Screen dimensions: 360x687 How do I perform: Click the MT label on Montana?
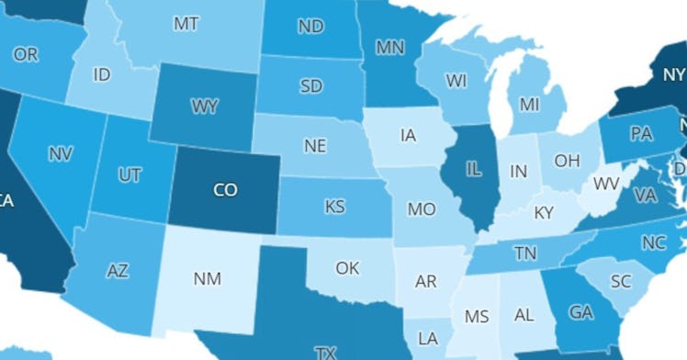point(186,25)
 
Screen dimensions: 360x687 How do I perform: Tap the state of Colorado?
point(225,190)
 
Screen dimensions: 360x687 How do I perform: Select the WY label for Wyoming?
point(204,107)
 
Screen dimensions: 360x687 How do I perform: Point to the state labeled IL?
point(474,171)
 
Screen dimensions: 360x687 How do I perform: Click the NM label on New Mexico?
point(208,278)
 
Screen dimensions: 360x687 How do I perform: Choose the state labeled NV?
point(61,152)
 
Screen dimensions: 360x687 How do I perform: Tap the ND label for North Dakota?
point(310,28)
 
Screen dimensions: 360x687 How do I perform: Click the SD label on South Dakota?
point(310,87)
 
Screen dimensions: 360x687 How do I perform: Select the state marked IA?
point(409,136)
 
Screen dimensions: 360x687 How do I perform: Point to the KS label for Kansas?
point(335,207)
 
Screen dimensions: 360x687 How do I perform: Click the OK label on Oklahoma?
point(347,268)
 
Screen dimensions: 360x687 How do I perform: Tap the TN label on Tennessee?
point(525,253)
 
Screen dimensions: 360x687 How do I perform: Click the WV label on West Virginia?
point(605,184)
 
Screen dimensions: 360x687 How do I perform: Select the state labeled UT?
point(130,174)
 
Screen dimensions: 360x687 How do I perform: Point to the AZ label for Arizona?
point(118,271)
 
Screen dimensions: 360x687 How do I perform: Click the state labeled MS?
point(477,317)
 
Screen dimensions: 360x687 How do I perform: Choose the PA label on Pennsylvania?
point(641,134)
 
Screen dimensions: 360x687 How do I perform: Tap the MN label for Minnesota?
point(390,46)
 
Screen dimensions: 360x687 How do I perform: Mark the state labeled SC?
point(620,280)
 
